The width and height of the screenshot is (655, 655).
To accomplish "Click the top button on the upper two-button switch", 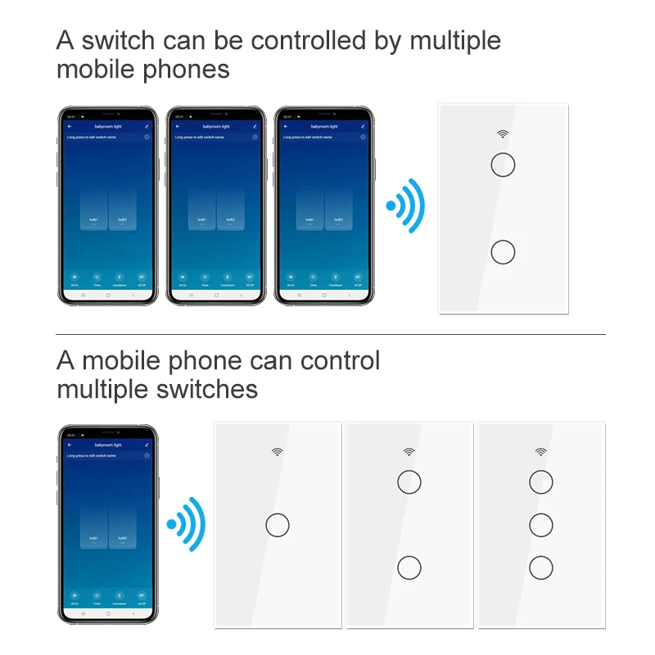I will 503,165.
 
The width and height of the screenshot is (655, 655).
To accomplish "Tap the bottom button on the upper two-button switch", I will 503,251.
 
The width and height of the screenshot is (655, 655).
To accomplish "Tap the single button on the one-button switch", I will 278,524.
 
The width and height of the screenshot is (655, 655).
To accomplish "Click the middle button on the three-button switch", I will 540,523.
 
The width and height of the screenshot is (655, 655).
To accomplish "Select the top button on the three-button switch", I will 540,481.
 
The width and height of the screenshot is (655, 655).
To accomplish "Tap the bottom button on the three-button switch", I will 540,567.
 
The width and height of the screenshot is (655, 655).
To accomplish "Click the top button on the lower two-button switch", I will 409,481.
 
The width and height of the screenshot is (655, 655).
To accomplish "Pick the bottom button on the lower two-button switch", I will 409,567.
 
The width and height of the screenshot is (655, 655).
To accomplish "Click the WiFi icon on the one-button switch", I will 278,451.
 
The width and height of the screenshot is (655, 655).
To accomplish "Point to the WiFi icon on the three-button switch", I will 540,451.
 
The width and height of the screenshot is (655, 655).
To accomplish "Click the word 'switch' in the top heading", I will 123,40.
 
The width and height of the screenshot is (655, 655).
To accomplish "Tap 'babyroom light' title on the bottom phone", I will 108,444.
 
